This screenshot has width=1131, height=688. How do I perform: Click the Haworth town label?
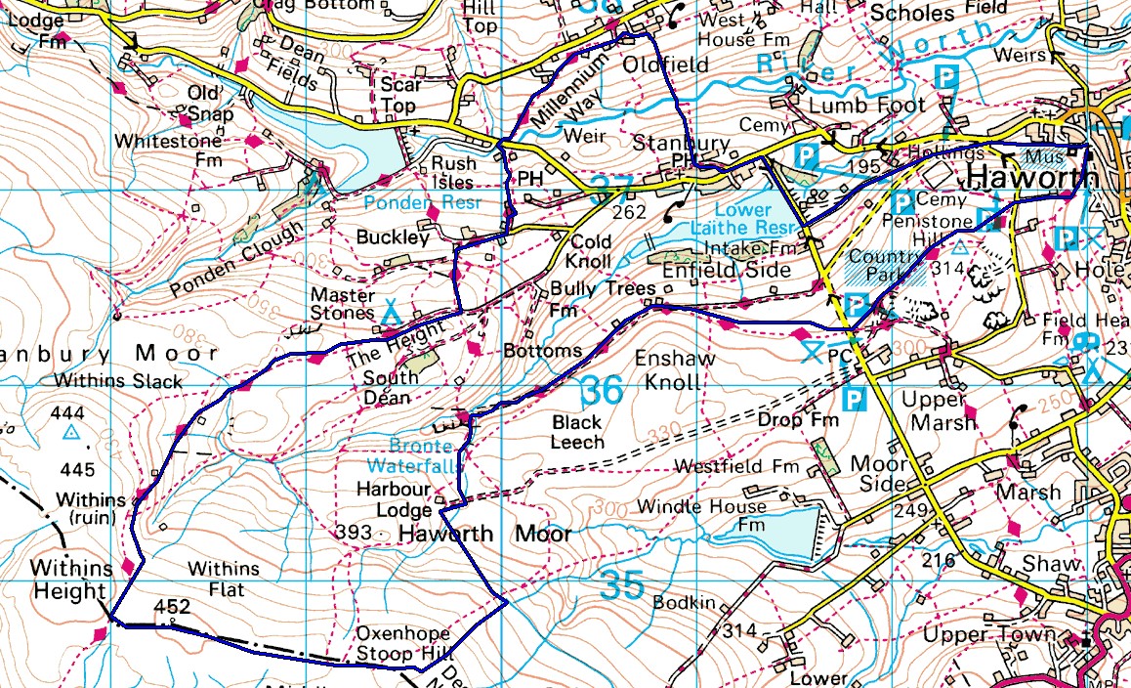click(x=1031, y=179)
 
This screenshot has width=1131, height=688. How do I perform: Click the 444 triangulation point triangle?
click(x=70, y=431)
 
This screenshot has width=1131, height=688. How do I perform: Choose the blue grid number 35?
click(x=622, y=586)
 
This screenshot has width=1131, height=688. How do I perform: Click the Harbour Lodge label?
click(x=394, y=499)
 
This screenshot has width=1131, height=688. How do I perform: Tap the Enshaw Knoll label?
click(x=675, y=369)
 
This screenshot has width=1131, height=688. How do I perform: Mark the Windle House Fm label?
click(x=701, y=518)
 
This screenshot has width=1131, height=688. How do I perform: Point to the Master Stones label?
click(x=342, y=304)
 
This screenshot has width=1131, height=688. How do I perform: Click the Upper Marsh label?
click(x=938, y=410)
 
